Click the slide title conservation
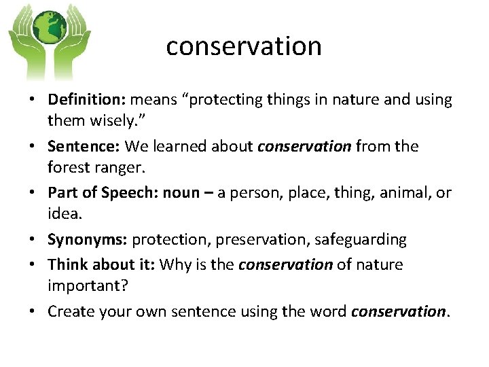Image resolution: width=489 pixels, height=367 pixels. (x=244, y=46)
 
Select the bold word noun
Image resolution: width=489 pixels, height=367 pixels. (x=181, y=192)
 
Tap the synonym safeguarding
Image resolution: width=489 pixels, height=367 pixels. (x=359, y=239)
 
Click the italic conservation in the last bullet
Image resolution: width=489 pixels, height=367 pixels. (x=397, y=311)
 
